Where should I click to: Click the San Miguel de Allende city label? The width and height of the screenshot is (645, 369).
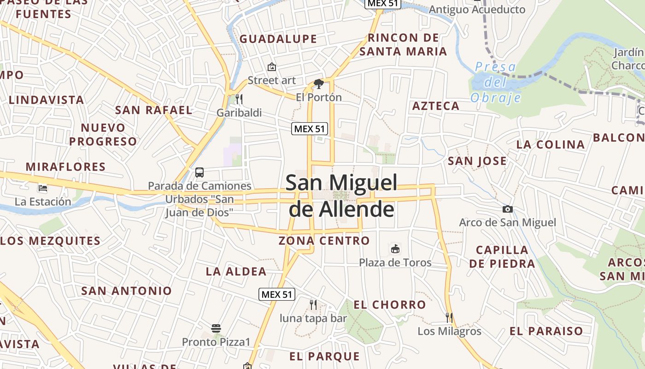click(x=341, y=196)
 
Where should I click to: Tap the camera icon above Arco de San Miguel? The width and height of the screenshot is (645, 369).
click(x=508, y=209)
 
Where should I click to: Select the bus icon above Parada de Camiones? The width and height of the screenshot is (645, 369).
click(x=199, y=173)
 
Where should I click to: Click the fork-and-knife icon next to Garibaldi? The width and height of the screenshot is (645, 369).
click(x=239, y=99)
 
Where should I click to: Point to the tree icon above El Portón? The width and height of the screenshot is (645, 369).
click(x=318, y=84)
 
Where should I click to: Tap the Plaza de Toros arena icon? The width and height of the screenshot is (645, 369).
click(x=395, y=250)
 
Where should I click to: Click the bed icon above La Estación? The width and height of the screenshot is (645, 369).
click(x=43, y=188)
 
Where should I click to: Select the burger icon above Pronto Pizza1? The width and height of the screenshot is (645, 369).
click(x=216, y=328)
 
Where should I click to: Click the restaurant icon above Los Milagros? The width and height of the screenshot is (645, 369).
click(x=449, y=317)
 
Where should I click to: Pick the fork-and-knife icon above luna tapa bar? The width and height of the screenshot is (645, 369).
click(x=313, y=304)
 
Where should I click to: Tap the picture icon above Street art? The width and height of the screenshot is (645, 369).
click(x=272, y=67)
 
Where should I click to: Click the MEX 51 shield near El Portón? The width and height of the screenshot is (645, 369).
click(x=310, y=129)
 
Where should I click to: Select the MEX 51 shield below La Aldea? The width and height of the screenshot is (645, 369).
click(x=276, y=294)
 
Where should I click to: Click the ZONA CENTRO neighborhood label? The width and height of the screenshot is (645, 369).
click(x=324, y=241)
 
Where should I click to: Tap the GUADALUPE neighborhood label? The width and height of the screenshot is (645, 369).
click(x=278, y=39)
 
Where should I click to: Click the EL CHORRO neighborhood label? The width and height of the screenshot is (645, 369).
click(x=390, y=305)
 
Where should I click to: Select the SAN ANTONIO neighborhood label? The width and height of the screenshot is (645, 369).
click(x=126, y=291)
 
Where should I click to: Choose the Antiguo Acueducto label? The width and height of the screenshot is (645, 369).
click(x=477, y=10)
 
